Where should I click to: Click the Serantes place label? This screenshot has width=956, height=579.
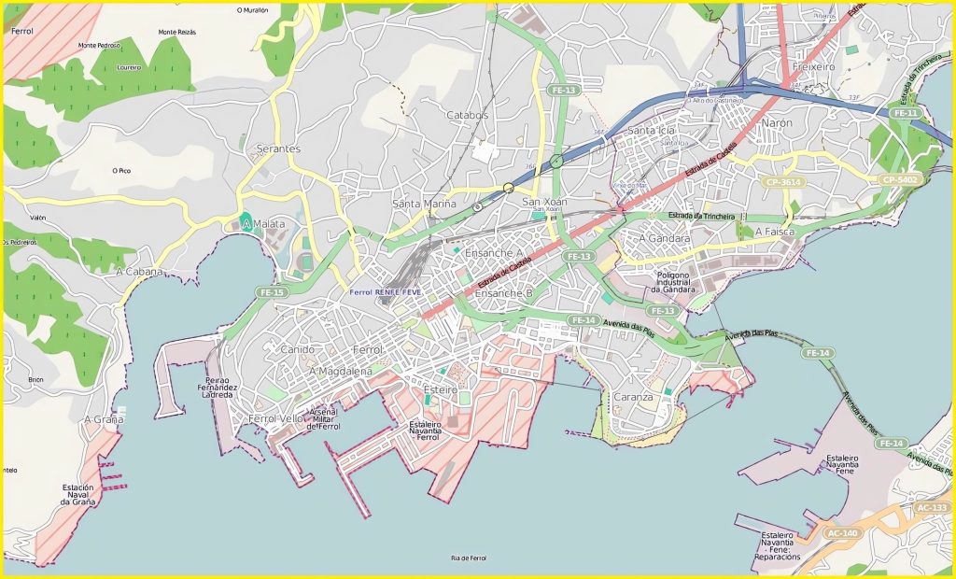tap(277, 148)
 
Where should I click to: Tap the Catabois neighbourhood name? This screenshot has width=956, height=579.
tap(467, 115)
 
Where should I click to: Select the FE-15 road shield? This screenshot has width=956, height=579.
tap(272, 292)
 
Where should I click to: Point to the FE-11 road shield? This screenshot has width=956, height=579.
tap(905, 113)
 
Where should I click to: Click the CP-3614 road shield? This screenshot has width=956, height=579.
tap(781, 182)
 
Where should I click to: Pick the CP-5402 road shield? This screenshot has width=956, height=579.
tap(899, 179)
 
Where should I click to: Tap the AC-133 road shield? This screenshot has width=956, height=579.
tap(931, 508)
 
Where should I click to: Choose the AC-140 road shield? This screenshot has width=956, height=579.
tap(842, 533)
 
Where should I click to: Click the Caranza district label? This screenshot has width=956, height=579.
tap(634, 397)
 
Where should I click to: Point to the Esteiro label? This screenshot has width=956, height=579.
tap(440, 388)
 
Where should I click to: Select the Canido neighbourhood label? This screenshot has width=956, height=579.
tap(297, 349)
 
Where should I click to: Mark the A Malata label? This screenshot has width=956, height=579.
tap(262, 224)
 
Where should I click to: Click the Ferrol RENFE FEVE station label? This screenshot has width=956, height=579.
tap(386, 292)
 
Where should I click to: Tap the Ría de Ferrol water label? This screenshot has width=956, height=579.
tap(468, 558)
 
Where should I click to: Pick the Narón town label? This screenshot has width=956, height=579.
tap(776, 123)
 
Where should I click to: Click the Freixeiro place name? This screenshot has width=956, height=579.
tap(811, 68)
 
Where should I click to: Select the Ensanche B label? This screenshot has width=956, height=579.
tap(503, 293)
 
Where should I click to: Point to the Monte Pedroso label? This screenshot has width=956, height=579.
tap(100, 45)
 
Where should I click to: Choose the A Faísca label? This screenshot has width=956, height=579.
tap(774, 231)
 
